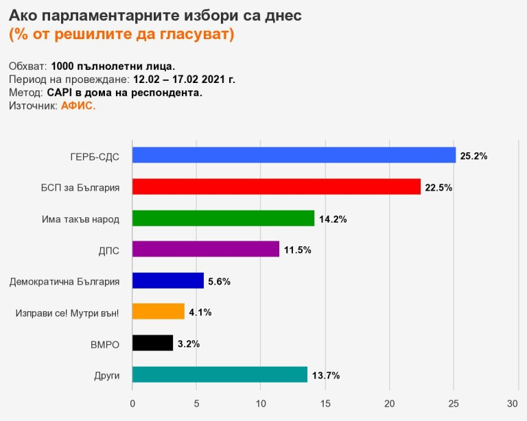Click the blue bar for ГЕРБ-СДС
pos(293,156)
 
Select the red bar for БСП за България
pos(276,187)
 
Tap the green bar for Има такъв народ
pos(223,219)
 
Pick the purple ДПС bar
pos(205,250)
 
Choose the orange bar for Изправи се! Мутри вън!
pos(158,312)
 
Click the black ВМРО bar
pos(152,344)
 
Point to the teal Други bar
pos(220,375)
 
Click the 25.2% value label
pos(473,156)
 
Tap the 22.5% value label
pos(438,187)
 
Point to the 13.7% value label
pos(326,375)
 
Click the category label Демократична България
pos(65,281)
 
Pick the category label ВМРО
pos(106,344)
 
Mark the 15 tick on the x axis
pos(325,402)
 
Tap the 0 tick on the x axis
pos(132,402)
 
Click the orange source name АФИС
pos(78,106)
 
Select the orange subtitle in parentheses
pos(121,34)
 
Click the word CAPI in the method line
pos(60,93)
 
